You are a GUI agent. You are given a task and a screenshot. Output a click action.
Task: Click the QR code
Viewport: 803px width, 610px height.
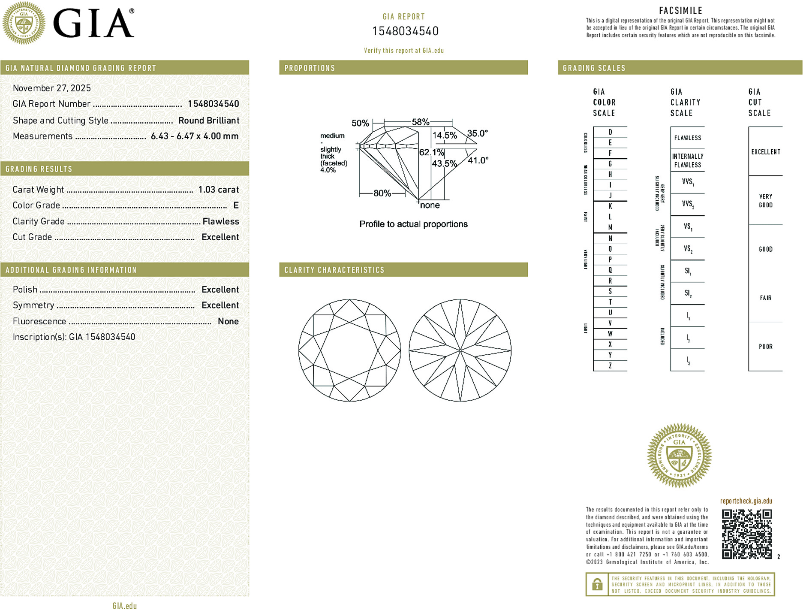pyautogui.click(x=746, y=534)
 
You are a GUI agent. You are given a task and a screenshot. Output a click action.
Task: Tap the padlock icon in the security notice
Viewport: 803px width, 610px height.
pyautogui.click(x=597, y=584)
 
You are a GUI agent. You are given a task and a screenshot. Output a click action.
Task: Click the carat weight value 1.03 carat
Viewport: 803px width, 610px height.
pyautogui.click(x=218, y=190)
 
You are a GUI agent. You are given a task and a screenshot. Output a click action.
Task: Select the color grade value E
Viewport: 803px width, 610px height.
pyautogui.click(x=236, y=205)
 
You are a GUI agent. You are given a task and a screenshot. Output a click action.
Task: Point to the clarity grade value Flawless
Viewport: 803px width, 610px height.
pyautogui.click(x=220, y=221)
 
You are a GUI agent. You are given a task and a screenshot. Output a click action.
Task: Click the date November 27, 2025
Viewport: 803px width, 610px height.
pyautogui.click(x=52, y=88)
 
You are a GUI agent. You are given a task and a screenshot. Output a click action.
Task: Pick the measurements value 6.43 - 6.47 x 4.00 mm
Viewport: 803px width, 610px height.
pyautogui.click(x=194, y=136)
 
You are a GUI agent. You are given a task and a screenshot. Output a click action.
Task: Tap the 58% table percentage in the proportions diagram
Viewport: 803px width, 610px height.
pyautogui.click(x=420, y=122)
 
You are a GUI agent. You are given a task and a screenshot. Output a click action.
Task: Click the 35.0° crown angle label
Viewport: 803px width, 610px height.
pyautogui.click(x=477, y=133)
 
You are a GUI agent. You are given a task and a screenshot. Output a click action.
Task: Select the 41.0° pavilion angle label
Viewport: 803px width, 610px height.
pyautogui.click(x=478, y=160)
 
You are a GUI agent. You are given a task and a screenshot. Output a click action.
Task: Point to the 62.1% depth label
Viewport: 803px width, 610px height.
pyautogui.click(x=431, y=152)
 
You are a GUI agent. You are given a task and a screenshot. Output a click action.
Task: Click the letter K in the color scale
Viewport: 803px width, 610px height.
pyautogui.click(x=610, y=206)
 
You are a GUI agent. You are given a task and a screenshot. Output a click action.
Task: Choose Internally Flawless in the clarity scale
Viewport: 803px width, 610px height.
pyautogui.click(x=687, y=160)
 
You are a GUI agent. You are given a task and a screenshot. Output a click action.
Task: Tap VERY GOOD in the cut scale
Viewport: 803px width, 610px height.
pyautogui.click(x=765, y=200)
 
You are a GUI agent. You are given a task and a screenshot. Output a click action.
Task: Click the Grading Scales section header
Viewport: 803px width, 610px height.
pyautogui.click(x=594, y=68)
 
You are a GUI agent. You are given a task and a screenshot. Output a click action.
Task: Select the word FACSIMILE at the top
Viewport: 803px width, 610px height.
pyautogui.click(x=680, y=10)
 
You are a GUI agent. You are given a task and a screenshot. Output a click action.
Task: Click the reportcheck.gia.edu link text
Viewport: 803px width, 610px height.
pyautogui.click(x=746, y=501)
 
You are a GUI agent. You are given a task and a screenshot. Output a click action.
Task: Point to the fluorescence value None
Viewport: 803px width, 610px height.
pyautogui.click(x=228, y=321)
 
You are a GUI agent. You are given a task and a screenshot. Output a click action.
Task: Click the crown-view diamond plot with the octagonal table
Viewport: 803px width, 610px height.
pyautogui.click(x=349, y=350)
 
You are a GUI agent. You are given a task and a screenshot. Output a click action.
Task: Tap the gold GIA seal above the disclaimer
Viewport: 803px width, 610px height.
pyautogui.click(x=679, y=456)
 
